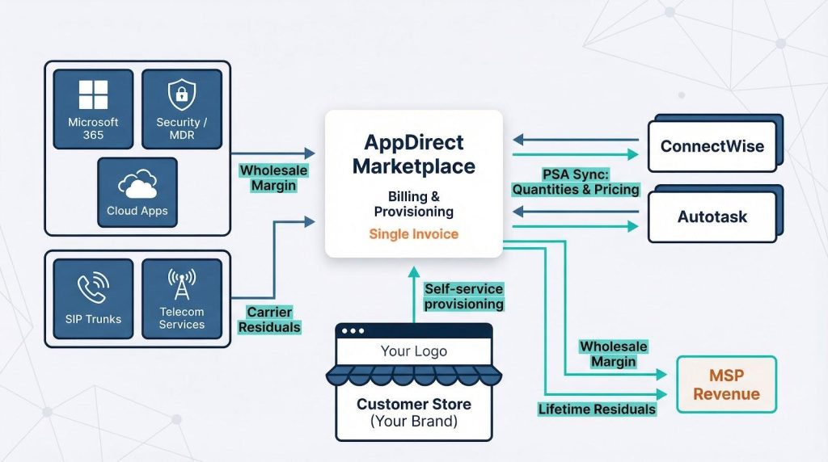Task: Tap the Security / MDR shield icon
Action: tap(182, 94)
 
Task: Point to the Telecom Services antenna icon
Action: tap(181, 284)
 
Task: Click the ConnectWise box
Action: tap(712, 147)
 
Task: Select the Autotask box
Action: tap(712, 216)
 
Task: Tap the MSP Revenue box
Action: tap(726, 385)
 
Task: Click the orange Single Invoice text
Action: tap(413, 234)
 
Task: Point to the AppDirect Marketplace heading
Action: tap(414, 155)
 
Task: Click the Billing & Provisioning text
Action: tap(413, 203)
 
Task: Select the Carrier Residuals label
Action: tap(270, 320)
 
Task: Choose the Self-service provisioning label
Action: tap(464, 296)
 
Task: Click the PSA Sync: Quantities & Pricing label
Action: tap(575, 183)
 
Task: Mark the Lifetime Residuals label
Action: tap(597, 409)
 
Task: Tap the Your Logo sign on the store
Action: tap(413, 351)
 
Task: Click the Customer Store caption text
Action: tap(413, 412)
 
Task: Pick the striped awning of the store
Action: tap(413, 375)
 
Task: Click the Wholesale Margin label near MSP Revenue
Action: tap(614, 354)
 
